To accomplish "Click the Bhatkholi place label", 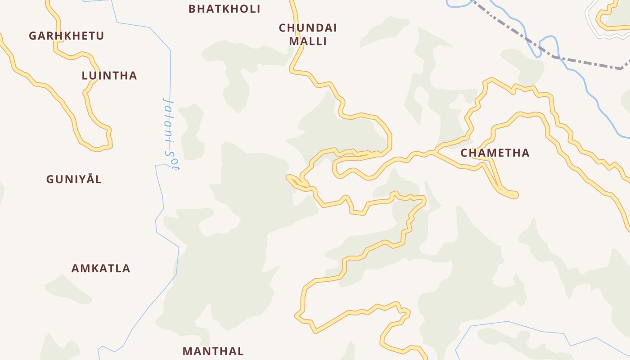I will click(x=224, y=9).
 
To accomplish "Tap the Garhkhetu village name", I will click(x=66, y=36).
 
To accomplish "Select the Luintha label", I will click(x=109, y=76).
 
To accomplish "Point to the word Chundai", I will click(x=308, y=28).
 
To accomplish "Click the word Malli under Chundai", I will click(x=308, y=41).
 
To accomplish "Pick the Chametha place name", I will click(x=495, y=153).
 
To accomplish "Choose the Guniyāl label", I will click(x=74, y=180).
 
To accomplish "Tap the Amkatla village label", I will click(x=101, y=269).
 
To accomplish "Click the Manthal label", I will click(x=213, y=351).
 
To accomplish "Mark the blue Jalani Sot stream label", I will click(x=170, y=133).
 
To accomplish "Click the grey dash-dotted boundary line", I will click(x=585, y=63).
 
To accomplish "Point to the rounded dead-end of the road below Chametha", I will click(x=514, y=195).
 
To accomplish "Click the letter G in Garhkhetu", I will click(x=33, y=36).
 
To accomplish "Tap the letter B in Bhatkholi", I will click(x=192, y=9).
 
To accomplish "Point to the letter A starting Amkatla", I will click(x=76, y=269).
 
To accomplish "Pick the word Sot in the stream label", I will click(x=173, y=160).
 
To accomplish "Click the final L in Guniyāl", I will click(x=99, y=180).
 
